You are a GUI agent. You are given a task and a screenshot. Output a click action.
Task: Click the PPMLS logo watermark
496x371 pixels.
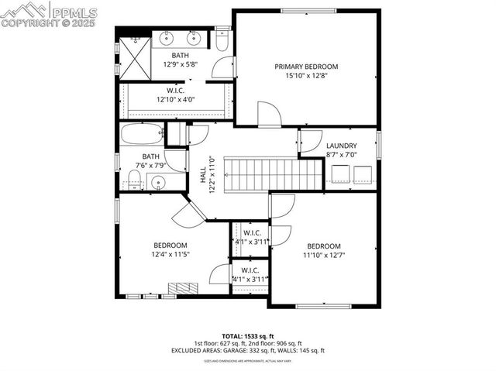click(x=50, y=14)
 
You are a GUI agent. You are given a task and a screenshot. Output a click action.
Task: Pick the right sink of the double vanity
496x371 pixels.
click(x=193, y=37)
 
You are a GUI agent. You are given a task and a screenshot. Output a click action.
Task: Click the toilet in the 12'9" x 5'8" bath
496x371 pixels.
click(x=222, y=45)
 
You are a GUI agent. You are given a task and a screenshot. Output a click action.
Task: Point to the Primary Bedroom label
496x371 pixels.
click(x=306, y=67)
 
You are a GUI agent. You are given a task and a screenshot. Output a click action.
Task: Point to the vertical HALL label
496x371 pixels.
click(x=204, y=180)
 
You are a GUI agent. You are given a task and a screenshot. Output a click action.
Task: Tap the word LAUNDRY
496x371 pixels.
click(x=341, y=146)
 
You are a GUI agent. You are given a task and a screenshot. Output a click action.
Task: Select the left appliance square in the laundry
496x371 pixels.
click(x=339, y=175)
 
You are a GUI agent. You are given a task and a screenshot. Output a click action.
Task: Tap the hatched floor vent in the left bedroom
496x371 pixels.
click(x=184, y=288)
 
